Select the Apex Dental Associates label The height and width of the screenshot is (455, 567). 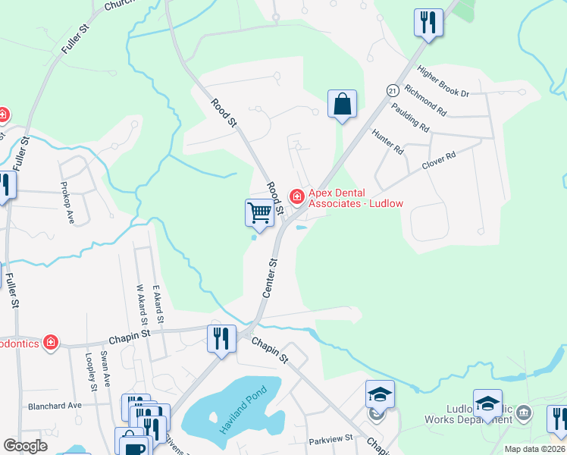pos(355,198)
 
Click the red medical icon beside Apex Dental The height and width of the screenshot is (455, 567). pos(296,197)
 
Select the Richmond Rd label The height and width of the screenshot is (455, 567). pos(425,100)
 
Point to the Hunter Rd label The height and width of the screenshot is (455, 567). pos(387,141)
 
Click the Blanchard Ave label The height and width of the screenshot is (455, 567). pos(55,406)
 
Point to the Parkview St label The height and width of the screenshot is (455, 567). pos(331,439)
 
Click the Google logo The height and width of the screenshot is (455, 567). pos(26,446)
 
